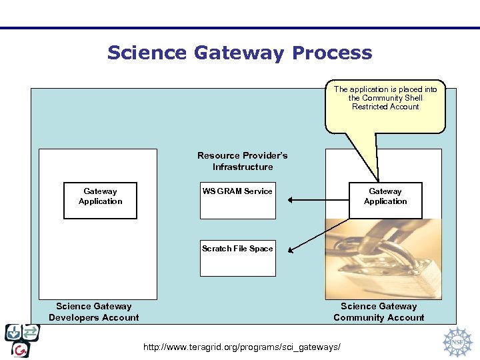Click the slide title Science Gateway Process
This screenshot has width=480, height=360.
click(x=239, y=53)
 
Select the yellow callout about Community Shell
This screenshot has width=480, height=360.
click(x=385, y=107)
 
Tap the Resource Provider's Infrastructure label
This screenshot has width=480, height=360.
click(x=243, y=161)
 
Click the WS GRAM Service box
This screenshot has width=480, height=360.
click(x=238, y=200)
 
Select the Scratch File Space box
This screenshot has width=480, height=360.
click(x=238, y=257)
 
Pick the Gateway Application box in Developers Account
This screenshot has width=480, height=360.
click(x=100, y=200)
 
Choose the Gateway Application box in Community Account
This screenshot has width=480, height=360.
click(x=385, y=200)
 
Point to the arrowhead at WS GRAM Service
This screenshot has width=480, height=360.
click(x=291, y=199)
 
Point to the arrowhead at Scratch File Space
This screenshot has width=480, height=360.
click(x=291, y=250)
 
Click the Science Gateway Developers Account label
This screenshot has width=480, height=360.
click(x=94, y=312)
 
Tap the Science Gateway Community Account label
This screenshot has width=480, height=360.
click(x=379, y=312)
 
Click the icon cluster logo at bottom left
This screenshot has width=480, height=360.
click(x=22, y=340)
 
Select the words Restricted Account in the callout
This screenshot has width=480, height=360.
click(x=385, y=107)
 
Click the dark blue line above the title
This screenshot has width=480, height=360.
click(x=240, y=28)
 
